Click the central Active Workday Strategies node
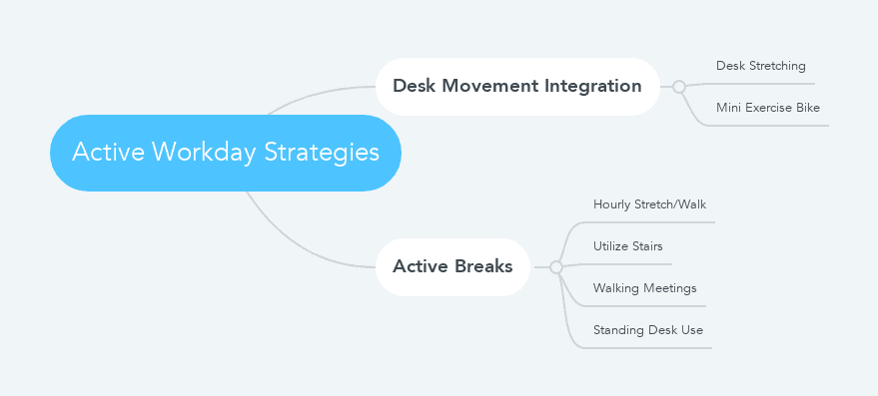[226, 153]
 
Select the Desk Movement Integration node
[517, 86]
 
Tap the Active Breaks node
[452, 266]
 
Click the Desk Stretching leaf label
[761, 66]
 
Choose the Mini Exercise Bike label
[768, 108]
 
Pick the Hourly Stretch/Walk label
[649, 204]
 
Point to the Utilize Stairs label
[627, 246]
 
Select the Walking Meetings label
[644, 288]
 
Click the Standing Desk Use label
[648, 330]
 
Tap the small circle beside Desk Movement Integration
[679, 87]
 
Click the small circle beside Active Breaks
[556, 267]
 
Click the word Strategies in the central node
[322, 153]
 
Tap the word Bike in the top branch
[807, 108]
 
